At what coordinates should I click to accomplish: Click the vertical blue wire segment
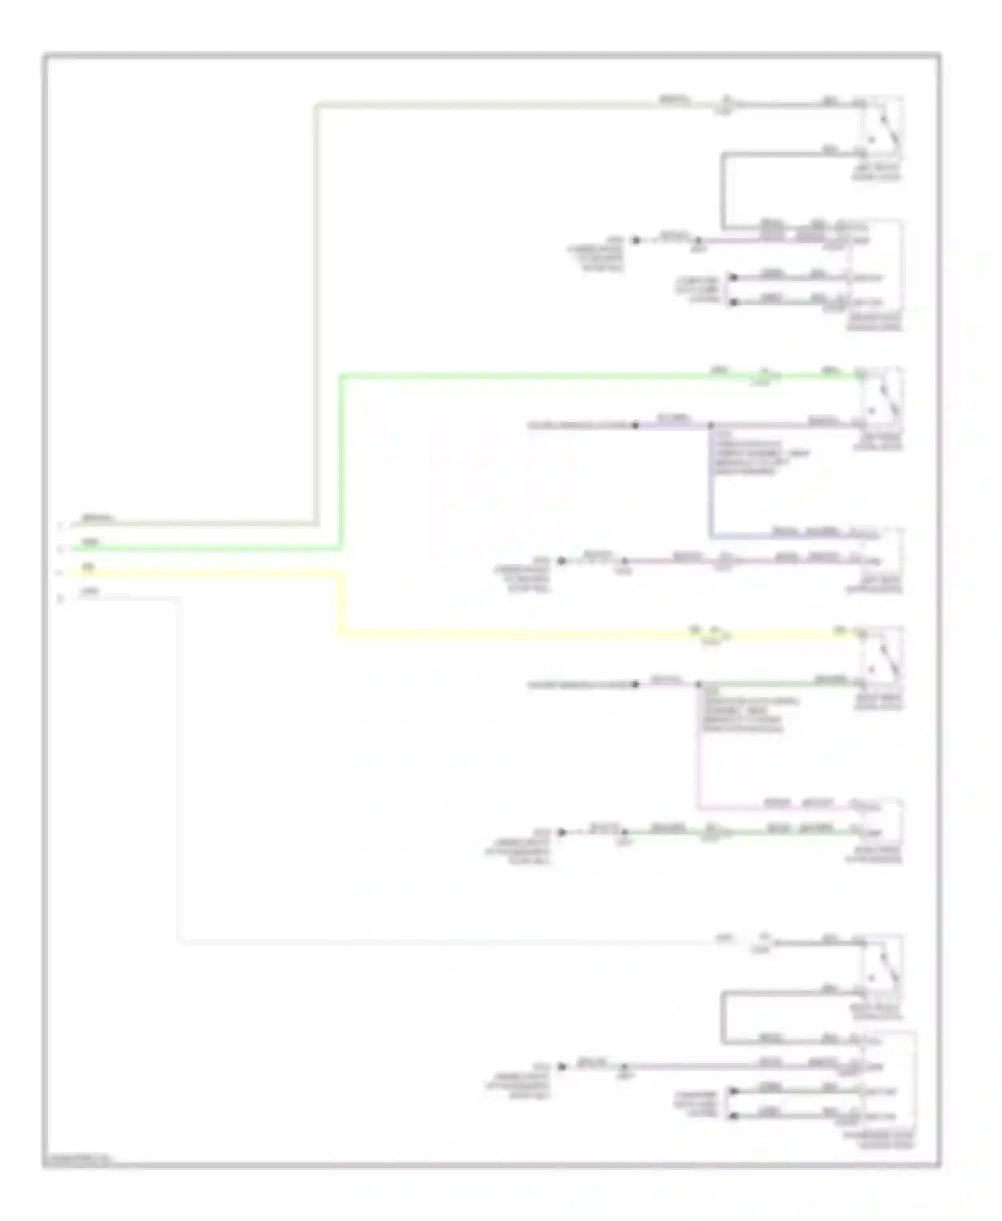point(711,481)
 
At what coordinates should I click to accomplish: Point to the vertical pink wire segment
point(698,748)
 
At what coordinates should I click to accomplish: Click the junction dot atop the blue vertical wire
point(711,425)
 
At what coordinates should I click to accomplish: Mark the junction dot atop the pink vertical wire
point(699,684)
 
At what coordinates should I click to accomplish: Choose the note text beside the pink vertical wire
point(748,715)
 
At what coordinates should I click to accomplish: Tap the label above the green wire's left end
point(90,542)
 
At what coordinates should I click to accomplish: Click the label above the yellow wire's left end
point(88,567)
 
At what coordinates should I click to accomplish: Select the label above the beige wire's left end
point(98,518)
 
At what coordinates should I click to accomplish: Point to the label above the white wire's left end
point(90,591)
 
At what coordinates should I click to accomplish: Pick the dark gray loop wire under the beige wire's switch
point(723,190)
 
